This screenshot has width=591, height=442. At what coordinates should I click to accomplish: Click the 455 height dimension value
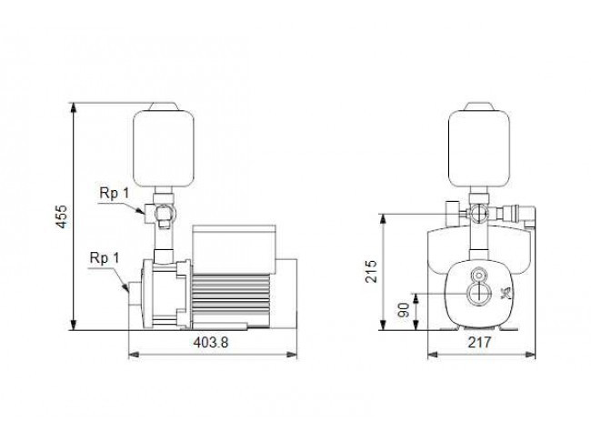click(62, 216)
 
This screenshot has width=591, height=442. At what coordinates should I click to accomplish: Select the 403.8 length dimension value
click(211, 343)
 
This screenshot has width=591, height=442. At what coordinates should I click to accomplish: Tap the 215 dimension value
click(371, 271)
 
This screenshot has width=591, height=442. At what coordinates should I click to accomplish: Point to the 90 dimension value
click(404, 310)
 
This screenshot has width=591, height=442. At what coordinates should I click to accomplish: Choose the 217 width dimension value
click(479, 343)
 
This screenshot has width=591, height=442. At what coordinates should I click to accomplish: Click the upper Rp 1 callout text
click(114, 193)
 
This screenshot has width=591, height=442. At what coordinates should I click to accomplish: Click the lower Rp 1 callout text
click(105, 258)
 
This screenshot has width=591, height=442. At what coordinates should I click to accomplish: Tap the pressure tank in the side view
click(164, 148)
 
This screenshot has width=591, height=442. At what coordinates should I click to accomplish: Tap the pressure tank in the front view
click(479, 148)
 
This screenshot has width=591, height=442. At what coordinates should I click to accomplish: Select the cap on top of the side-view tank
click(164, 106)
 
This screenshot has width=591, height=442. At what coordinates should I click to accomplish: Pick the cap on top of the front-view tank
click(479, 106)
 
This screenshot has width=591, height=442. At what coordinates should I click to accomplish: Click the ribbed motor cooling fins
click(231, 298)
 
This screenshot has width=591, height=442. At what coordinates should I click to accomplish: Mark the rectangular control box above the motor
click(234, 249)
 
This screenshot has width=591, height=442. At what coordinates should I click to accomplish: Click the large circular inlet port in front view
click(479, 293)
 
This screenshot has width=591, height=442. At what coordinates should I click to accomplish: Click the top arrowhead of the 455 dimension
click(75, 107)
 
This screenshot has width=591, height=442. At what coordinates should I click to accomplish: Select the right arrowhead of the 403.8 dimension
click(292, 355)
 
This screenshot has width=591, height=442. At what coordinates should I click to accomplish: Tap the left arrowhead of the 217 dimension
click(433, 355)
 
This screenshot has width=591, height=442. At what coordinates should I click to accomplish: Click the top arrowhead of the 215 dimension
click(384, 219)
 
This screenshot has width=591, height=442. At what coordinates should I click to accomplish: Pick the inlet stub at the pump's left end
click(135, 294)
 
